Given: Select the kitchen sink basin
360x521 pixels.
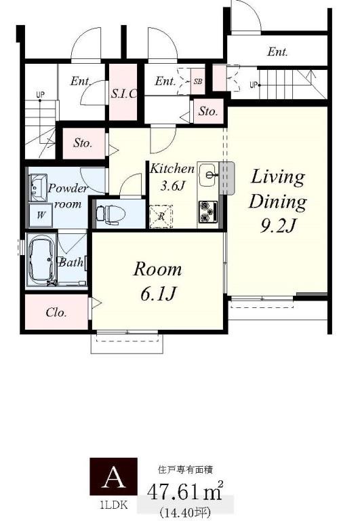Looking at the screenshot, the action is [209, 175].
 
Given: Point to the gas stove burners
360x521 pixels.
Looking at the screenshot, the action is [208, 212].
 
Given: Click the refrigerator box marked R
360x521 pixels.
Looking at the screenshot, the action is [161, 216].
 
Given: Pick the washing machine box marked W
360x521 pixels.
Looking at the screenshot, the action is [41, 215].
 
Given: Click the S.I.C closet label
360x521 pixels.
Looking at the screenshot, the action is [123, 94].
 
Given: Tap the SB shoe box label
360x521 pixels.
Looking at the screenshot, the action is [197, 81].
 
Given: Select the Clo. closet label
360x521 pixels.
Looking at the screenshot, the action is [56, 312].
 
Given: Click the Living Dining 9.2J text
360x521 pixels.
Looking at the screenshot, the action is [278, 201].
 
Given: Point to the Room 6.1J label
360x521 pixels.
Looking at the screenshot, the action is [157, 281].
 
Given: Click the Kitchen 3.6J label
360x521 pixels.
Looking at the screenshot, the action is [172, 177].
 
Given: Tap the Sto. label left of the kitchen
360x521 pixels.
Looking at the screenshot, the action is [83, 143].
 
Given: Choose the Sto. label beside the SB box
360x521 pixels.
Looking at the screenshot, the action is [208, 111].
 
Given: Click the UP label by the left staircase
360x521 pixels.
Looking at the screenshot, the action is [40, 95].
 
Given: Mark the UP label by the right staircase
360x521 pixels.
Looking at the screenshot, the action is [254, 85].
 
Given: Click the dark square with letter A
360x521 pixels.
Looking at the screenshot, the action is [114, 476].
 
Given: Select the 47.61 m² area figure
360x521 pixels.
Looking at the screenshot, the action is [185, 491].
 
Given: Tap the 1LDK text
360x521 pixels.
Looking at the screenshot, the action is [114, 505].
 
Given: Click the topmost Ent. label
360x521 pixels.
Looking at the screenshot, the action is [278, 52].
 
